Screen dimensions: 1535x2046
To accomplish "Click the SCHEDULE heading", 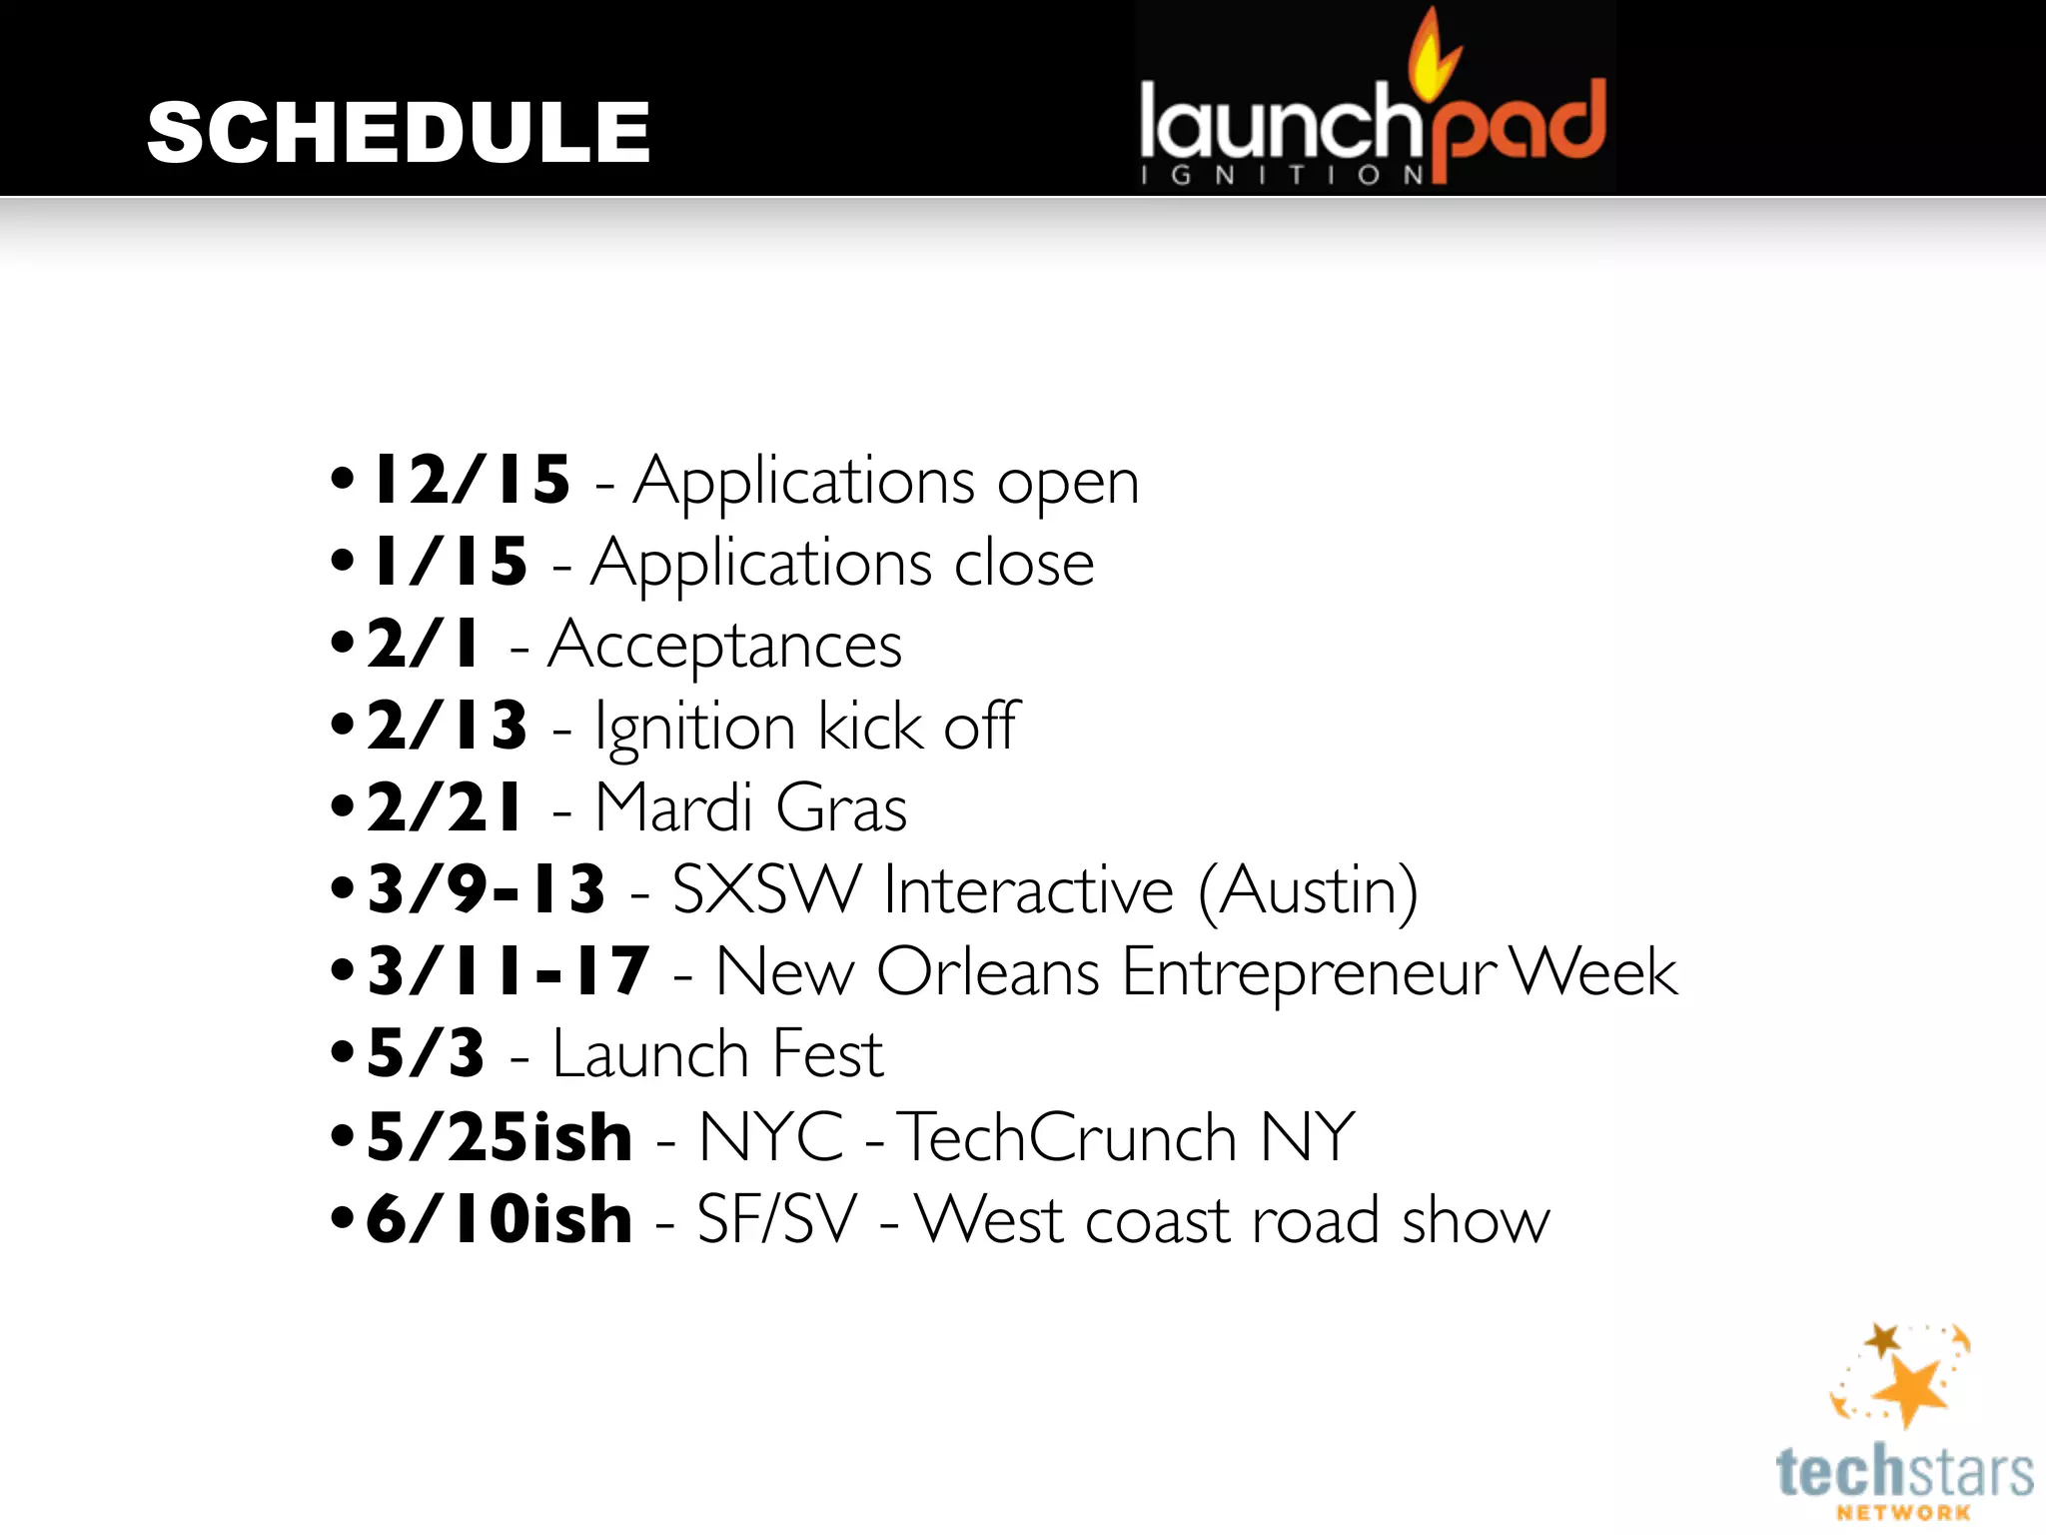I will coord(398,133).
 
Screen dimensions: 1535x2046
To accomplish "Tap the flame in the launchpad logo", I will coord(1431,55).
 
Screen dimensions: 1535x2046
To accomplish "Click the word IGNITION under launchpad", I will coord(1283,176).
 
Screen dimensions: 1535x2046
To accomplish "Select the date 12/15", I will coord(471,480).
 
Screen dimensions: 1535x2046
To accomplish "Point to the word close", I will coord(1024,564).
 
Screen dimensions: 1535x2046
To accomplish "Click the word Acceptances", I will coord(724,646).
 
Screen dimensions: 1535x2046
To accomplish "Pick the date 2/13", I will coord(447,727).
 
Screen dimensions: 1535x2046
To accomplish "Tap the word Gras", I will coord(841,808).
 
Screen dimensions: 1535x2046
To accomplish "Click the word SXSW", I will coord(765,889).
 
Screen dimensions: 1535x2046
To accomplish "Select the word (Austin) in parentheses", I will coord(1308,890).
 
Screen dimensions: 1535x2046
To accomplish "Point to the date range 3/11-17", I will coord(509,971).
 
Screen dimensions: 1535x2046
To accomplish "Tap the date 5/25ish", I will coord(500,1137).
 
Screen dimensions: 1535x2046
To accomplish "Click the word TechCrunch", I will coord(1068,1137).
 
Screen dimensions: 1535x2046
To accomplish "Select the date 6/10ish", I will coord(500,1219).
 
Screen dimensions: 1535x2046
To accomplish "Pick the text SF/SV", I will coord(776,1220).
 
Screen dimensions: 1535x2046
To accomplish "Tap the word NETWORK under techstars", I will coord(1903,1513).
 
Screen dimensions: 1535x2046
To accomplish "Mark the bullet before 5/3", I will coord(343,1052).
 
